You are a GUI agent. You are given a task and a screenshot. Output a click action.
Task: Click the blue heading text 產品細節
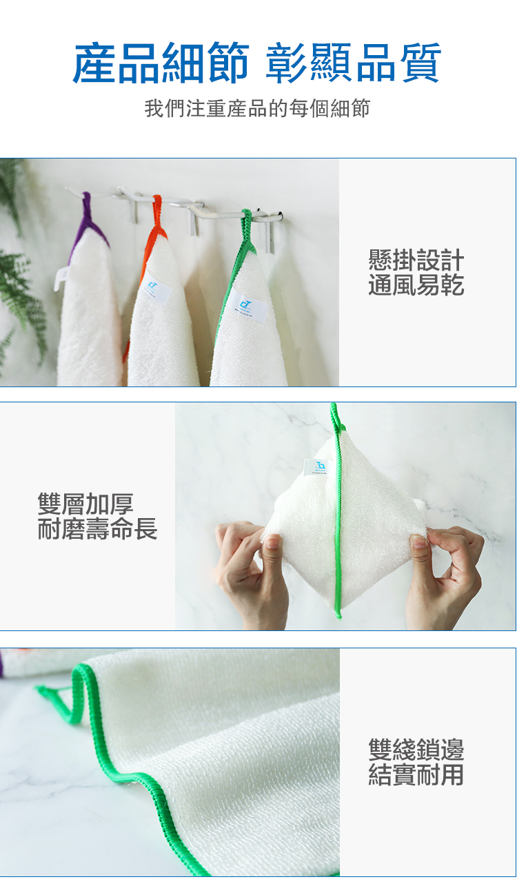pyautogui.click(x=161, y=63)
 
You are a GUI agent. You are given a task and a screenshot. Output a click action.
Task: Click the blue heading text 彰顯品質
pyautogui.click(x=354, y=63)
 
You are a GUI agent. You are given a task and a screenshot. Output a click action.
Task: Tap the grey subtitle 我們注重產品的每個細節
pyautogui.click(x=257, y=108)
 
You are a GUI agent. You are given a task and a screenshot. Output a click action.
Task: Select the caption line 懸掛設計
pyautogui.click(x=416, y=260)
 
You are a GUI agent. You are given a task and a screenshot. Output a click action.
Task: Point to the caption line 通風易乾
pyautogui.click(x=416, y=285)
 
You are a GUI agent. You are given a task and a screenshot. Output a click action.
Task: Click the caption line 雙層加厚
pyautogui.click(x=85, y=504)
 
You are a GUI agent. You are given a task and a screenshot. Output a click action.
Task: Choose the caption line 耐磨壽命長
pyautogui.click(x=97, y=528)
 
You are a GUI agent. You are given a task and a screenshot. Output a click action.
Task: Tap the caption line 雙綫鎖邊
pyautogui.click(x=416, y=749)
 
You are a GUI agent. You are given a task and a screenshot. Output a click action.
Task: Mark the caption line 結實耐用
pyautogui.click(x=416, y=774)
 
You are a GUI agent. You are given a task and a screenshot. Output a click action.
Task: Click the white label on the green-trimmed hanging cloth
pyautogui.click(x=248, y=306)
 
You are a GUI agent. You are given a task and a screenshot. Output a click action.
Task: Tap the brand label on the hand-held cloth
pyautogui.click(x=317, y=467)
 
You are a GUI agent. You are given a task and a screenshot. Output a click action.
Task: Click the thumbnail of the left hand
pyautogui.click(x=272, y=542)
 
